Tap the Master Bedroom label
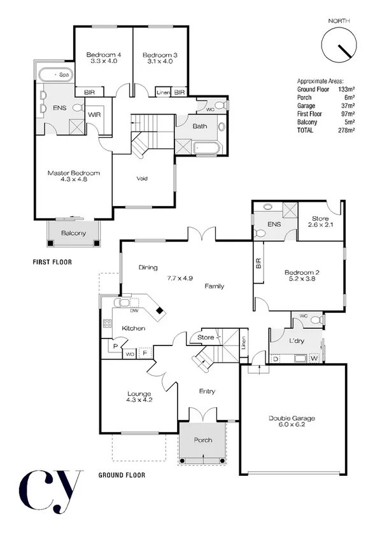click(74, 173)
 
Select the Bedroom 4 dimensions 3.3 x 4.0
click(103, 62)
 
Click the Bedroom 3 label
click(160, 55)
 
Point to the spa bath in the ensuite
click(54, 76)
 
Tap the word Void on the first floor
click(143, 178)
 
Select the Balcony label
click(74, 233)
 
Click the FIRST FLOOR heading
click(52, 261)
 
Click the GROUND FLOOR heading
click(122, 475)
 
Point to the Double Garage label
click(291, 418)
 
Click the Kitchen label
click(134, 328)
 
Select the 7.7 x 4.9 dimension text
click(180, 278)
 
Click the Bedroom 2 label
click(301, 273)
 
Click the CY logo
click(50, 492)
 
